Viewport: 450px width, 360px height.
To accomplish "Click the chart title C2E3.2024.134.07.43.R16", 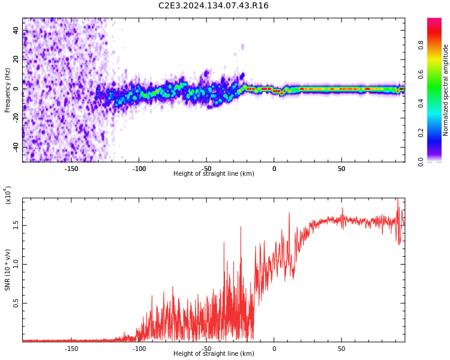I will tap(214, 6).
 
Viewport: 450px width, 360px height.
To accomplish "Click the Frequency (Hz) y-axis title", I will tap(8, 90).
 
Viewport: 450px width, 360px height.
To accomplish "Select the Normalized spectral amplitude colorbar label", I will tap(446, 90).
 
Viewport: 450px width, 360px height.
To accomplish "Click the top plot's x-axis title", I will tap(214, 174).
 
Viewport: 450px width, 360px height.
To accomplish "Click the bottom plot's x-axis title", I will tap(214, 354).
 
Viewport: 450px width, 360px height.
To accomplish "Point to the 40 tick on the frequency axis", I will tap(16, 31).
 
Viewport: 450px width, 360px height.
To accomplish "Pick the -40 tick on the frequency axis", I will tap(15, 147).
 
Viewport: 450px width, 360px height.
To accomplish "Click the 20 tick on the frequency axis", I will tap(16, 59).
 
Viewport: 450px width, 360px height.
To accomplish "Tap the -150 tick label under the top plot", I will tap(71, 169).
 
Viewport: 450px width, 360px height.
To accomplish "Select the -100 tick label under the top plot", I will tap(139, 169).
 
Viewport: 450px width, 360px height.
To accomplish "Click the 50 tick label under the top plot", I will tap(341, 169).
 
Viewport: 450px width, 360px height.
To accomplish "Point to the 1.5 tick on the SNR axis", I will tap(16, 226).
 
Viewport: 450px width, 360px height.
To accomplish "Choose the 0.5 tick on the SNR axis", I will tap(16, 304).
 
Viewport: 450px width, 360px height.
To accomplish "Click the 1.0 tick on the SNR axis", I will tap(16, 265).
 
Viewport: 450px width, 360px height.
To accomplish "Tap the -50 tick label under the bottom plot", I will tap(206, 349).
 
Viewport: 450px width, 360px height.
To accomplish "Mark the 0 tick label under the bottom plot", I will tap(274, 349).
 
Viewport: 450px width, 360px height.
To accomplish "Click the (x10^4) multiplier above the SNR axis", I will tap(8, 195).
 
